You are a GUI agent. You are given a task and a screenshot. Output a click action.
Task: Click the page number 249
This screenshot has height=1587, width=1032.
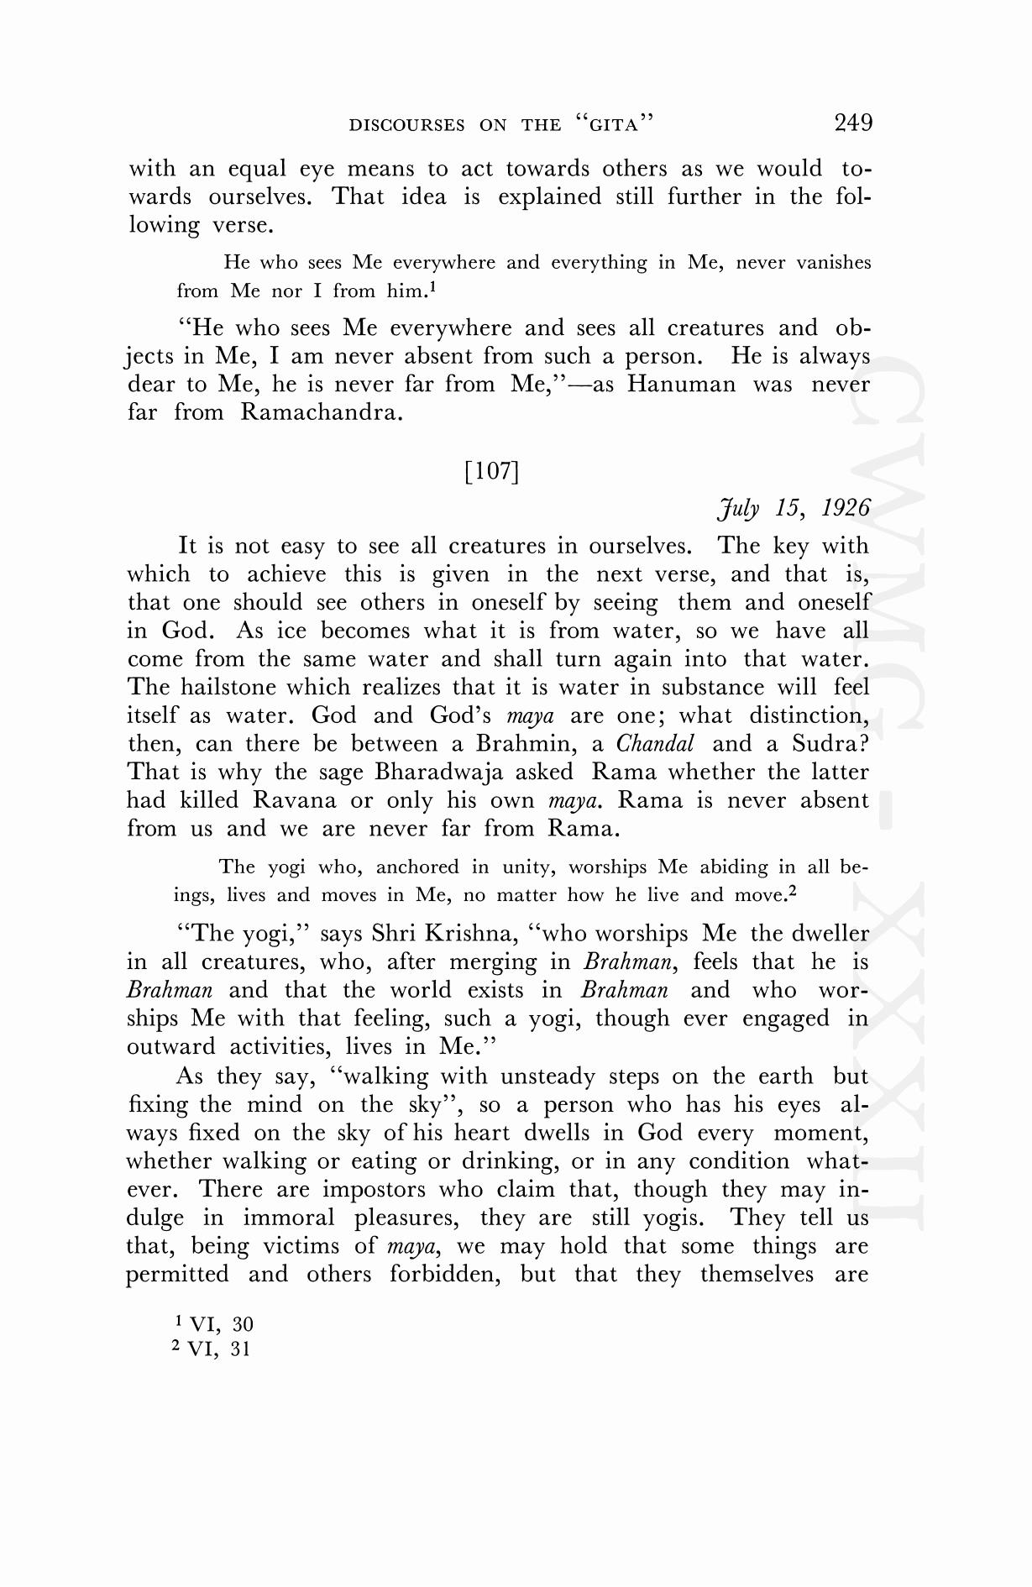click(x=853, y=123)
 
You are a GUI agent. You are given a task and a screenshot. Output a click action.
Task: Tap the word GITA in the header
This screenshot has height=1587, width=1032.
click(x=611, y=125)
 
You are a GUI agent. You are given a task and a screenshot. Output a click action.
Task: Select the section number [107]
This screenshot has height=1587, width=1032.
click(x=491, y=470)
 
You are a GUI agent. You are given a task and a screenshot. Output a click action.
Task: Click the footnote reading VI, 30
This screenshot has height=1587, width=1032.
click(x=221, y=1324)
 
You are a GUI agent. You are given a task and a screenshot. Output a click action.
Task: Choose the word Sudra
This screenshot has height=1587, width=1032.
click(x=828, y=744)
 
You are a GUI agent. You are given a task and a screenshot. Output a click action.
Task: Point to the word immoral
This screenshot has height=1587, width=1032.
click(x=288, y=1218)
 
